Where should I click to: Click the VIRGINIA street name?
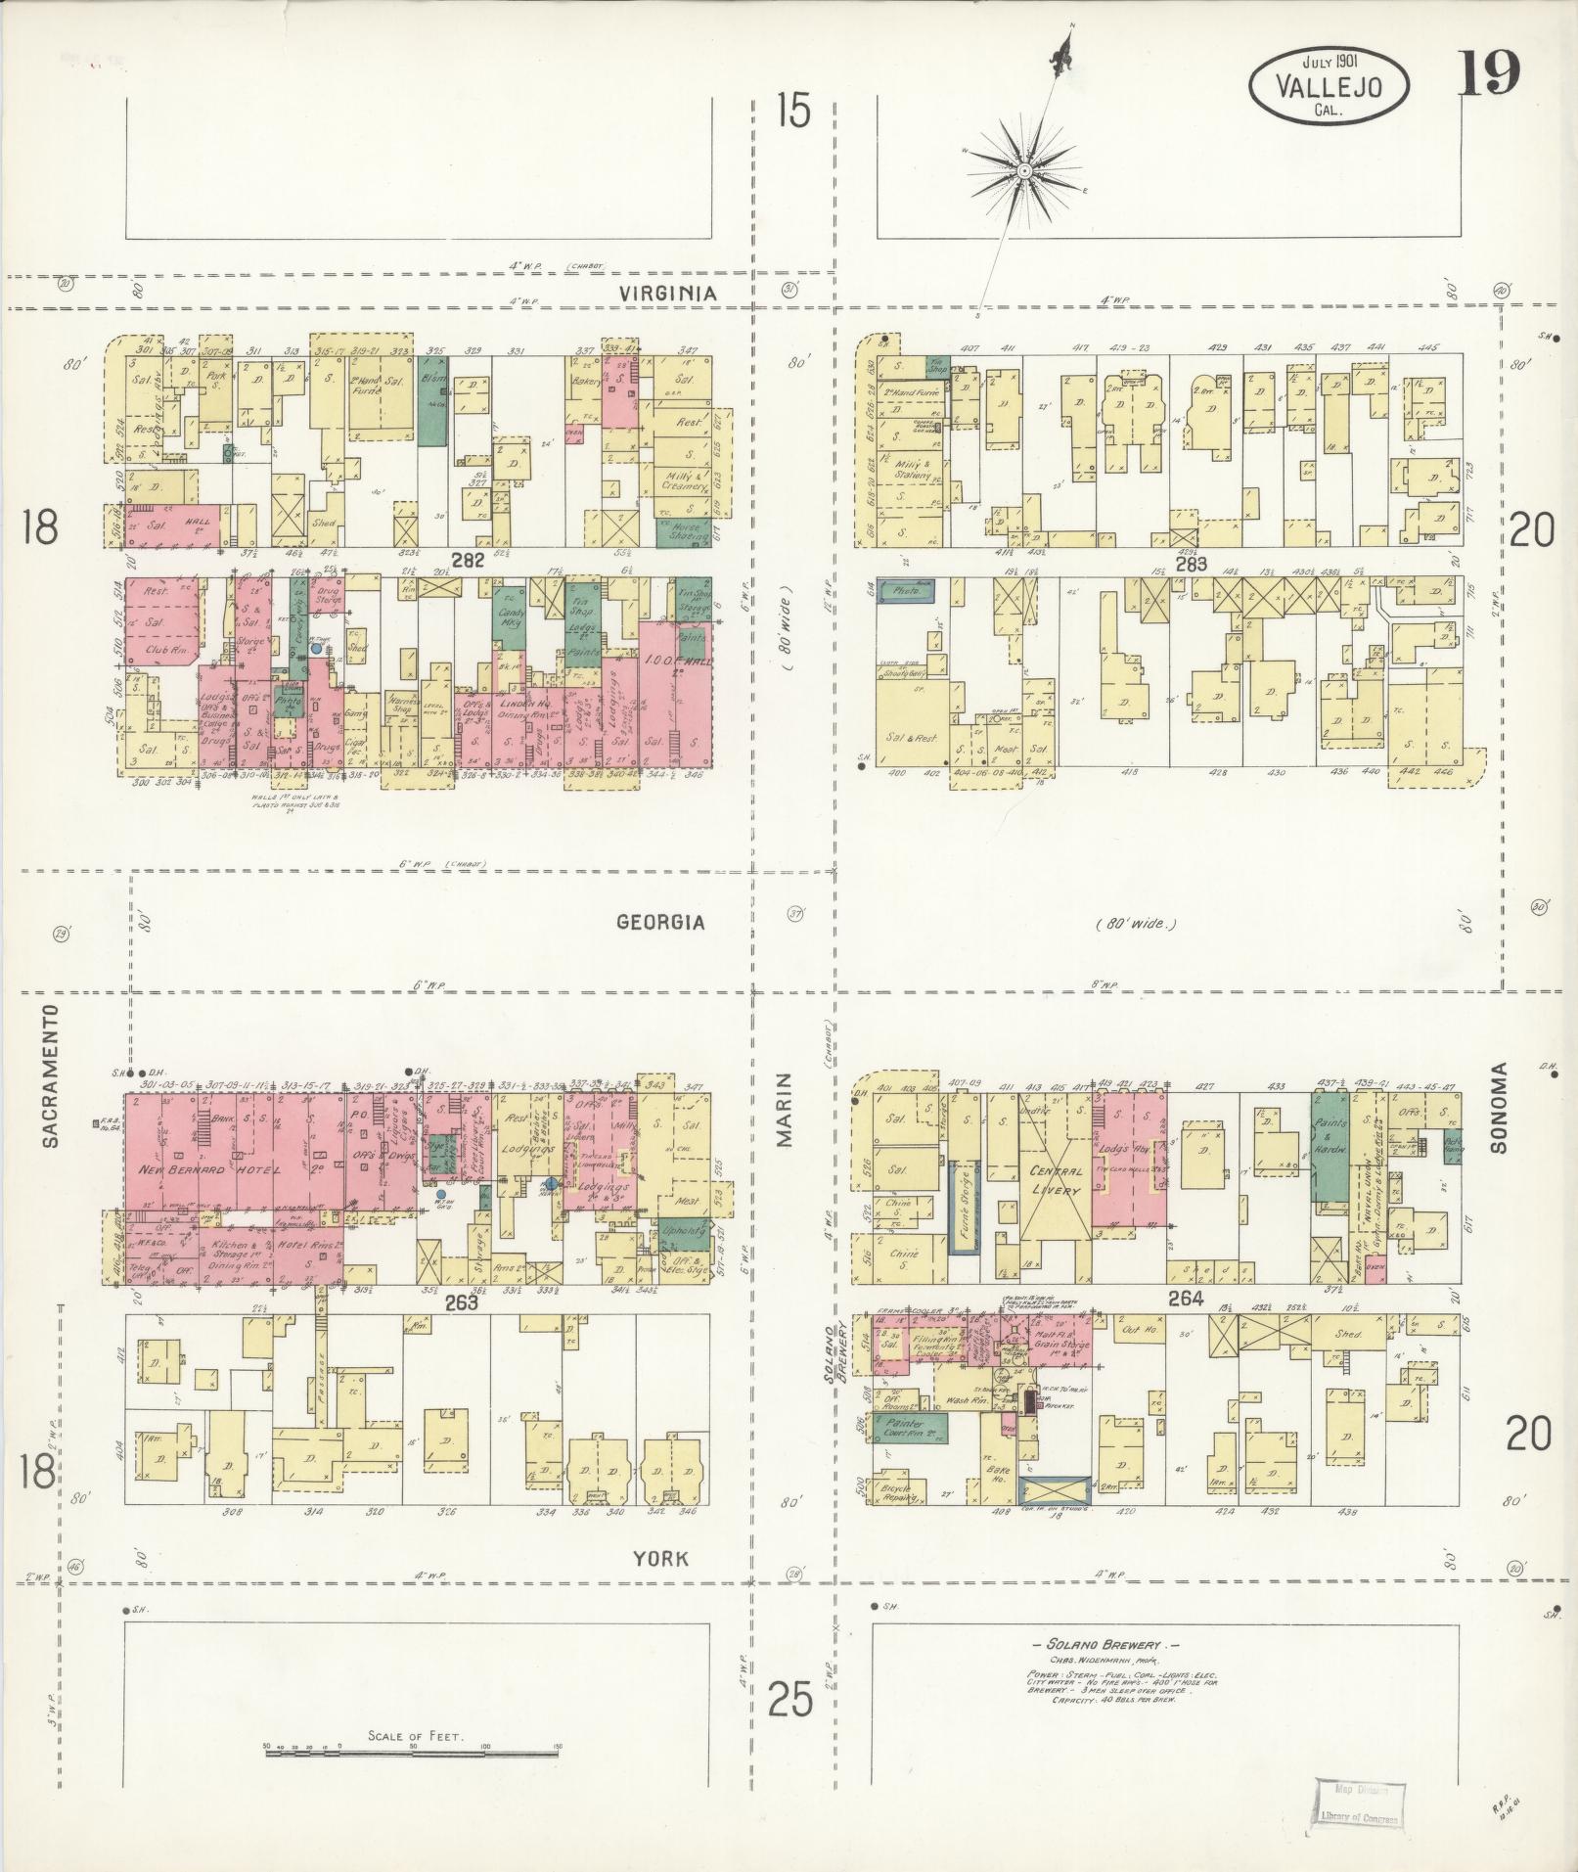(669, 293)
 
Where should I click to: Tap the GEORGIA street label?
(660, 922)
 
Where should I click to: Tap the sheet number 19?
(1489, 73)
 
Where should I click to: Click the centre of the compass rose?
(1024, 172)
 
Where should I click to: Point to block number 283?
(1192, 565)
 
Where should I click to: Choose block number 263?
(461, 1301)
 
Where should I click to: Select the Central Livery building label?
(1055, 1180)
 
